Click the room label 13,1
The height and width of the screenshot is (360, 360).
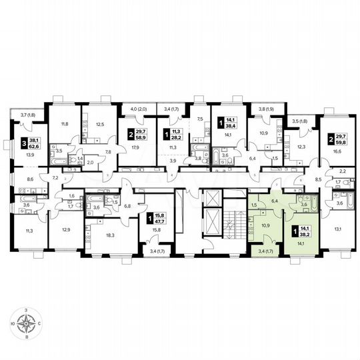pos(337,230)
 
